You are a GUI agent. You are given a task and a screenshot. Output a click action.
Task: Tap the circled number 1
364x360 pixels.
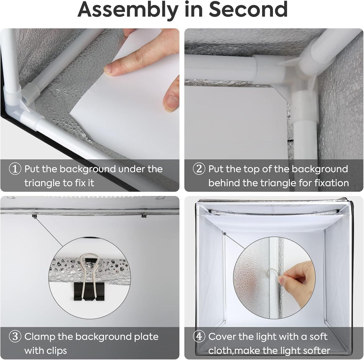pyautogui.click(x=15, y=169)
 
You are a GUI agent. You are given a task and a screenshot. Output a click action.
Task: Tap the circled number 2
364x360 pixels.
pyautogui.click(x=199, y=169)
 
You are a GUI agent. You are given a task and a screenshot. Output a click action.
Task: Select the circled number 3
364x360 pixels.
pyautogui.click(x=15, y=337)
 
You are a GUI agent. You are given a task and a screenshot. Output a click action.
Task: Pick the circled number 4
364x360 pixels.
pyautogui.click(x=199, y=337)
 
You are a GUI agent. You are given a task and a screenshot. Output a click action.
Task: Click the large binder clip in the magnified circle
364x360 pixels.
pyautogui.click(x=89, y=277)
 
